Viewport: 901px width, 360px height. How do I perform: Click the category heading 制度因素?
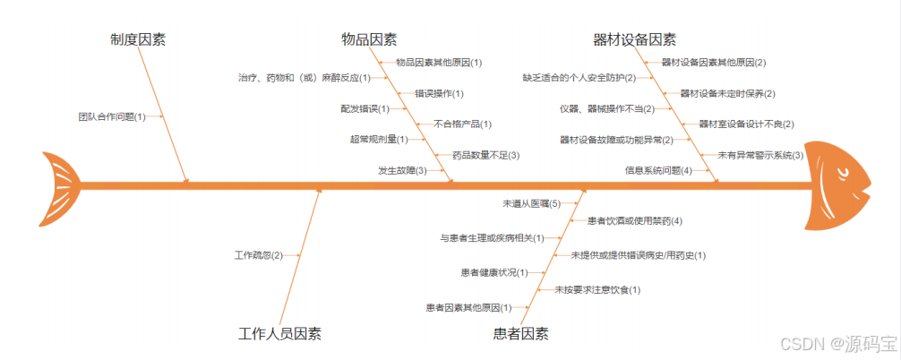pyautogui.click(x=138, y=39)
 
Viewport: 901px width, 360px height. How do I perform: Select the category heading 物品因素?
pyautogui.click(x=369, y=39)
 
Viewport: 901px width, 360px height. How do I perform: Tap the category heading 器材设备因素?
pyautogui.click(x=634, y=39)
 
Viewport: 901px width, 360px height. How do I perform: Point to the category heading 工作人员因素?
pyautogui.click(x=279, y=334)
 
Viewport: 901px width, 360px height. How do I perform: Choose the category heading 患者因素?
pyautogui.click(x=520, y=334)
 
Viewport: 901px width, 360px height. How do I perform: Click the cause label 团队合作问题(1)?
pyautogui.click(x=112, y=116)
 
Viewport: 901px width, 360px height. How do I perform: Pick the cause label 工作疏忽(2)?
pyautogui.click(x=258, y=255)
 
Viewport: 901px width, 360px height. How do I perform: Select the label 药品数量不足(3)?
pyautogui.click(x=485, y=155)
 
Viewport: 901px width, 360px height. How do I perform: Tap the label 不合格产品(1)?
pyautogui.click(x=463, y=124)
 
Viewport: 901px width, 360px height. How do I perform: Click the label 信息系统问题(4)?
pyautogui.click(x=658, y=170)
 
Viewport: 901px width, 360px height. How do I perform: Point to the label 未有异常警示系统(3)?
pyautogui.click(x=760, y=155)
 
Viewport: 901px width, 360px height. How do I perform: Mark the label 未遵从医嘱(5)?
pyautogui.click(x=531, y=204)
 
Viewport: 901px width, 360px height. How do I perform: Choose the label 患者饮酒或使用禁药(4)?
pyautogui.click(x=635, y=220)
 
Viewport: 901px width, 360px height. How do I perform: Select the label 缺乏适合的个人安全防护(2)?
pyautogui.click(x=579, y=78)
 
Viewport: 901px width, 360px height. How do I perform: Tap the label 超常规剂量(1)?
pyautogui.click(x=379, y=139)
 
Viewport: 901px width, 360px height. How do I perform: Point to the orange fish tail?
pyautogui.click(x=59, y=188)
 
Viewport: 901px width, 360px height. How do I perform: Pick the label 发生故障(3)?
pyautogui.click(x=402, y=170)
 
